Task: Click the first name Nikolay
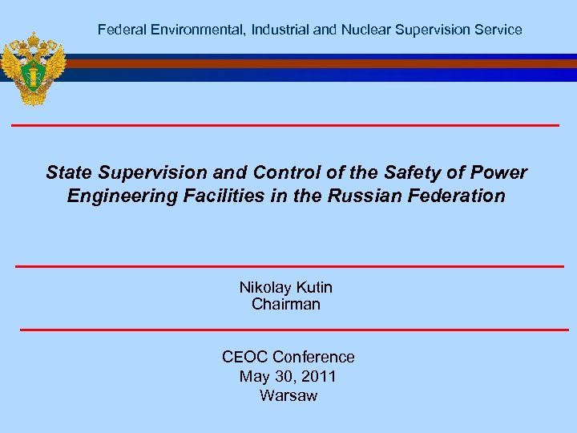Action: point(266,287)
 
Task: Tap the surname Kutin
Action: point(315,287)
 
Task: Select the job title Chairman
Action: point(286,304)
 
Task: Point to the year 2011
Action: point(315,376)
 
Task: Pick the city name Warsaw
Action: point(288,395)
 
